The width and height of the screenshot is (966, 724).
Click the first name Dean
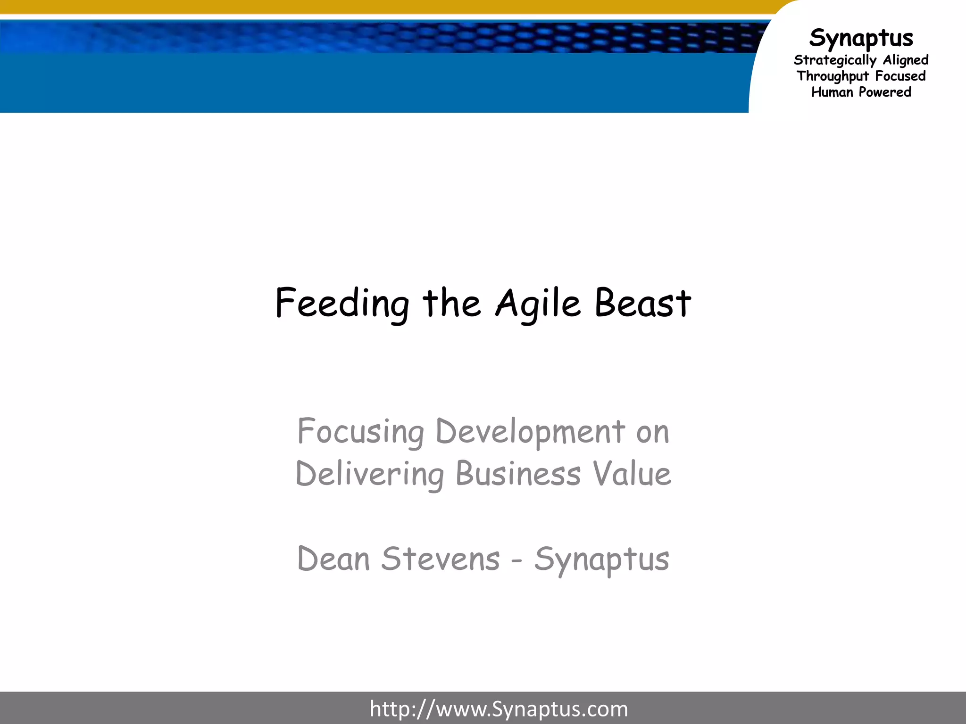coord(333,559)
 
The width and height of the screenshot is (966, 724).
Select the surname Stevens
coord(440,559)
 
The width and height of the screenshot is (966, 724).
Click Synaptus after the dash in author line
coord(601,560)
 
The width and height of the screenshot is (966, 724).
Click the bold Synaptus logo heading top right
coord(861,38)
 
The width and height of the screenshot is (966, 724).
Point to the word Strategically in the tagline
coord(835,60)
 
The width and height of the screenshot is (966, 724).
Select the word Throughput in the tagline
coord(833,76)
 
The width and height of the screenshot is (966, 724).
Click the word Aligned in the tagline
coord(906,60)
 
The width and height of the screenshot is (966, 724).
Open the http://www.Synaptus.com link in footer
coord(499,709)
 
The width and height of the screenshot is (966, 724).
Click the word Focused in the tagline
coord(900,76)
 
